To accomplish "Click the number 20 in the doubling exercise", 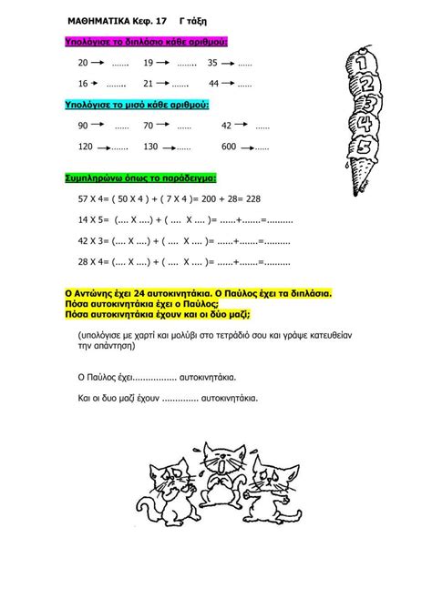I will point(83,63).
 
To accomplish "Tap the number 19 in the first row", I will point(149,63).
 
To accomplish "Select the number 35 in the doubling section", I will point(212,63).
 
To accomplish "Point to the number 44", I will point(213,83).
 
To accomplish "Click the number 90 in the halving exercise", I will point(83,126).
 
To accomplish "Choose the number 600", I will point(229,146).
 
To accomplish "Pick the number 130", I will point(151,146).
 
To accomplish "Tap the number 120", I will point(86,146).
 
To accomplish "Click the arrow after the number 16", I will point(100,83).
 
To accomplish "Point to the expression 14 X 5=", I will point(93,219).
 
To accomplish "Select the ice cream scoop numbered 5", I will point(364,147).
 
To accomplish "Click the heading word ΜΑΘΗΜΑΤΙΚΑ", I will point(99,18).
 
